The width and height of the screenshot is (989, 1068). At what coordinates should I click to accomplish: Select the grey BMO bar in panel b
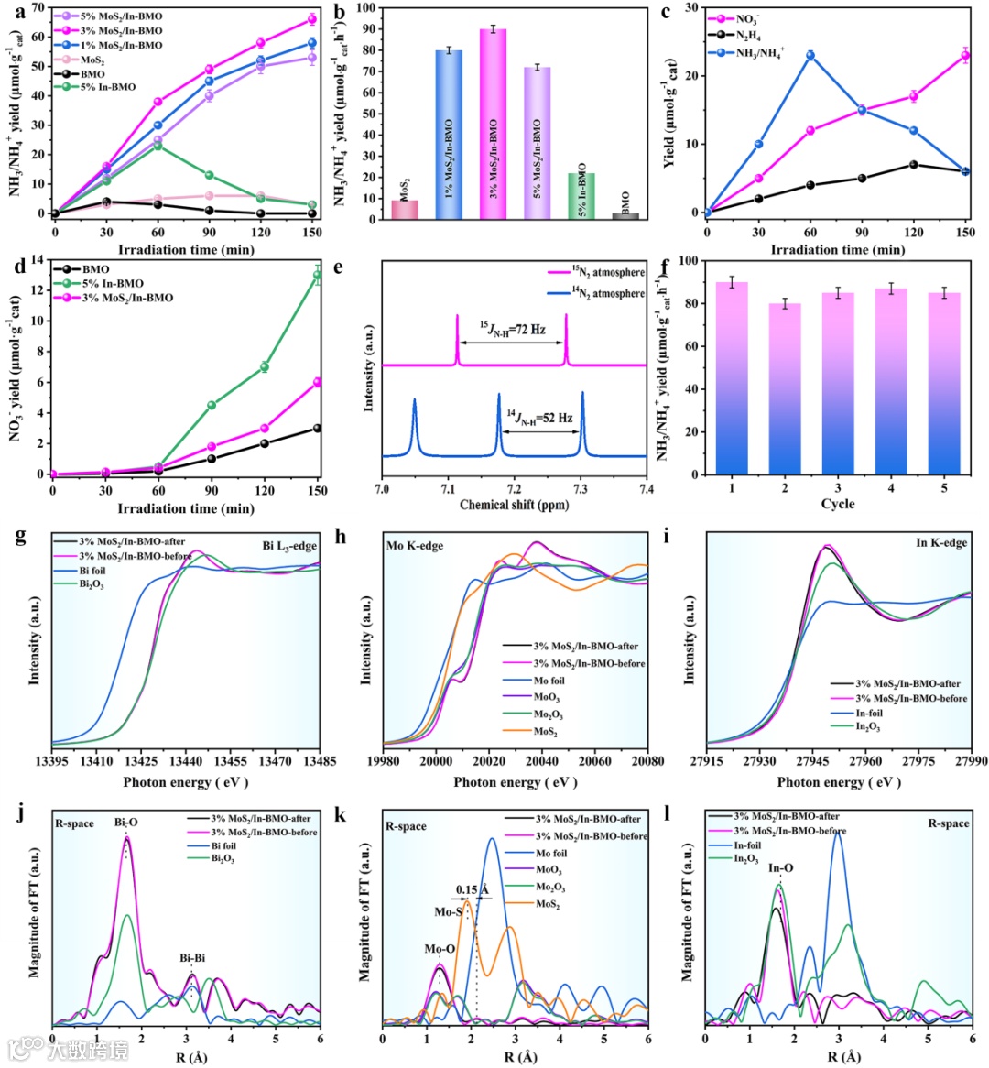[x=625, y=216]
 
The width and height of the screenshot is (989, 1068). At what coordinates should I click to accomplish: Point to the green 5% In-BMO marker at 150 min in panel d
[x=318, y=275]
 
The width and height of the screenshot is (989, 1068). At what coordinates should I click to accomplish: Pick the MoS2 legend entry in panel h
[x=546, y=732]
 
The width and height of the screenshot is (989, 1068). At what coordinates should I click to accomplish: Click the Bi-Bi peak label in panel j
[x=192, y=958]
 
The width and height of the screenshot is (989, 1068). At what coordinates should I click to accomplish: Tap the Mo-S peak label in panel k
[x=448, y=911]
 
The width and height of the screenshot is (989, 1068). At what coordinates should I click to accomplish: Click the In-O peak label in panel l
[x=780, y=867]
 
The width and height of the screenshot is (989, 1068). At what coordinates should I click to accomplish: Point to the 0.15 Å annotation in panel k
[x=473, y=889]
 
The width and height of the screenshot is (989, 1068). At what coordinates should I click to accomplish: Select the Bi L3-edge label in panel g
[x=289, y=546]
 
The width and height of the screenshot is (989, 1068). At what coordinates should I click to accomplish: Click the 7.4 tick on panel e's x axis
[x=647, y=488]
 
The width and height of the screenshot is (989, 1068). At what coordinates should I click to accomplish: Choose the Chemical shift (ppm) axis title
[x=514, y=505]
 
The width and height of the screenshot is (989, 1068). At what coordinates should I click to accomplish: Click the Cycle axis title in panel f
[x=837, y=504]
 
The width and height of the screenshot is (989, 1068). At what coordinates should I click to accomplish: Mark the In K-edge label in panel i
[x=940, y=542]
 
